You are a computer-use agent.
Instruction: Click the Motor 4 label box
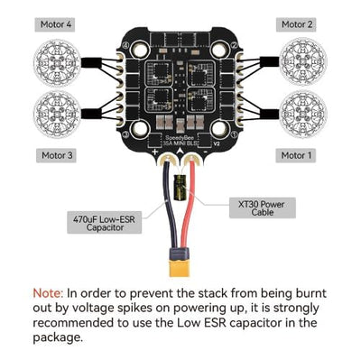point(57,24)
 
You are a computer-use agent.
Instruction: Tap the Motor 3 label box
point(57,154)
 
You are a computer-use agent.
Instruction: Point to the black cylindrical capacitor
point(180,190)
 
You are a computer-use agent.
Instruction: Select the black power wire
point(171,217)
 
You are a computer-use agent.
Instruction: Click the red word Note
point(48,293)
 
